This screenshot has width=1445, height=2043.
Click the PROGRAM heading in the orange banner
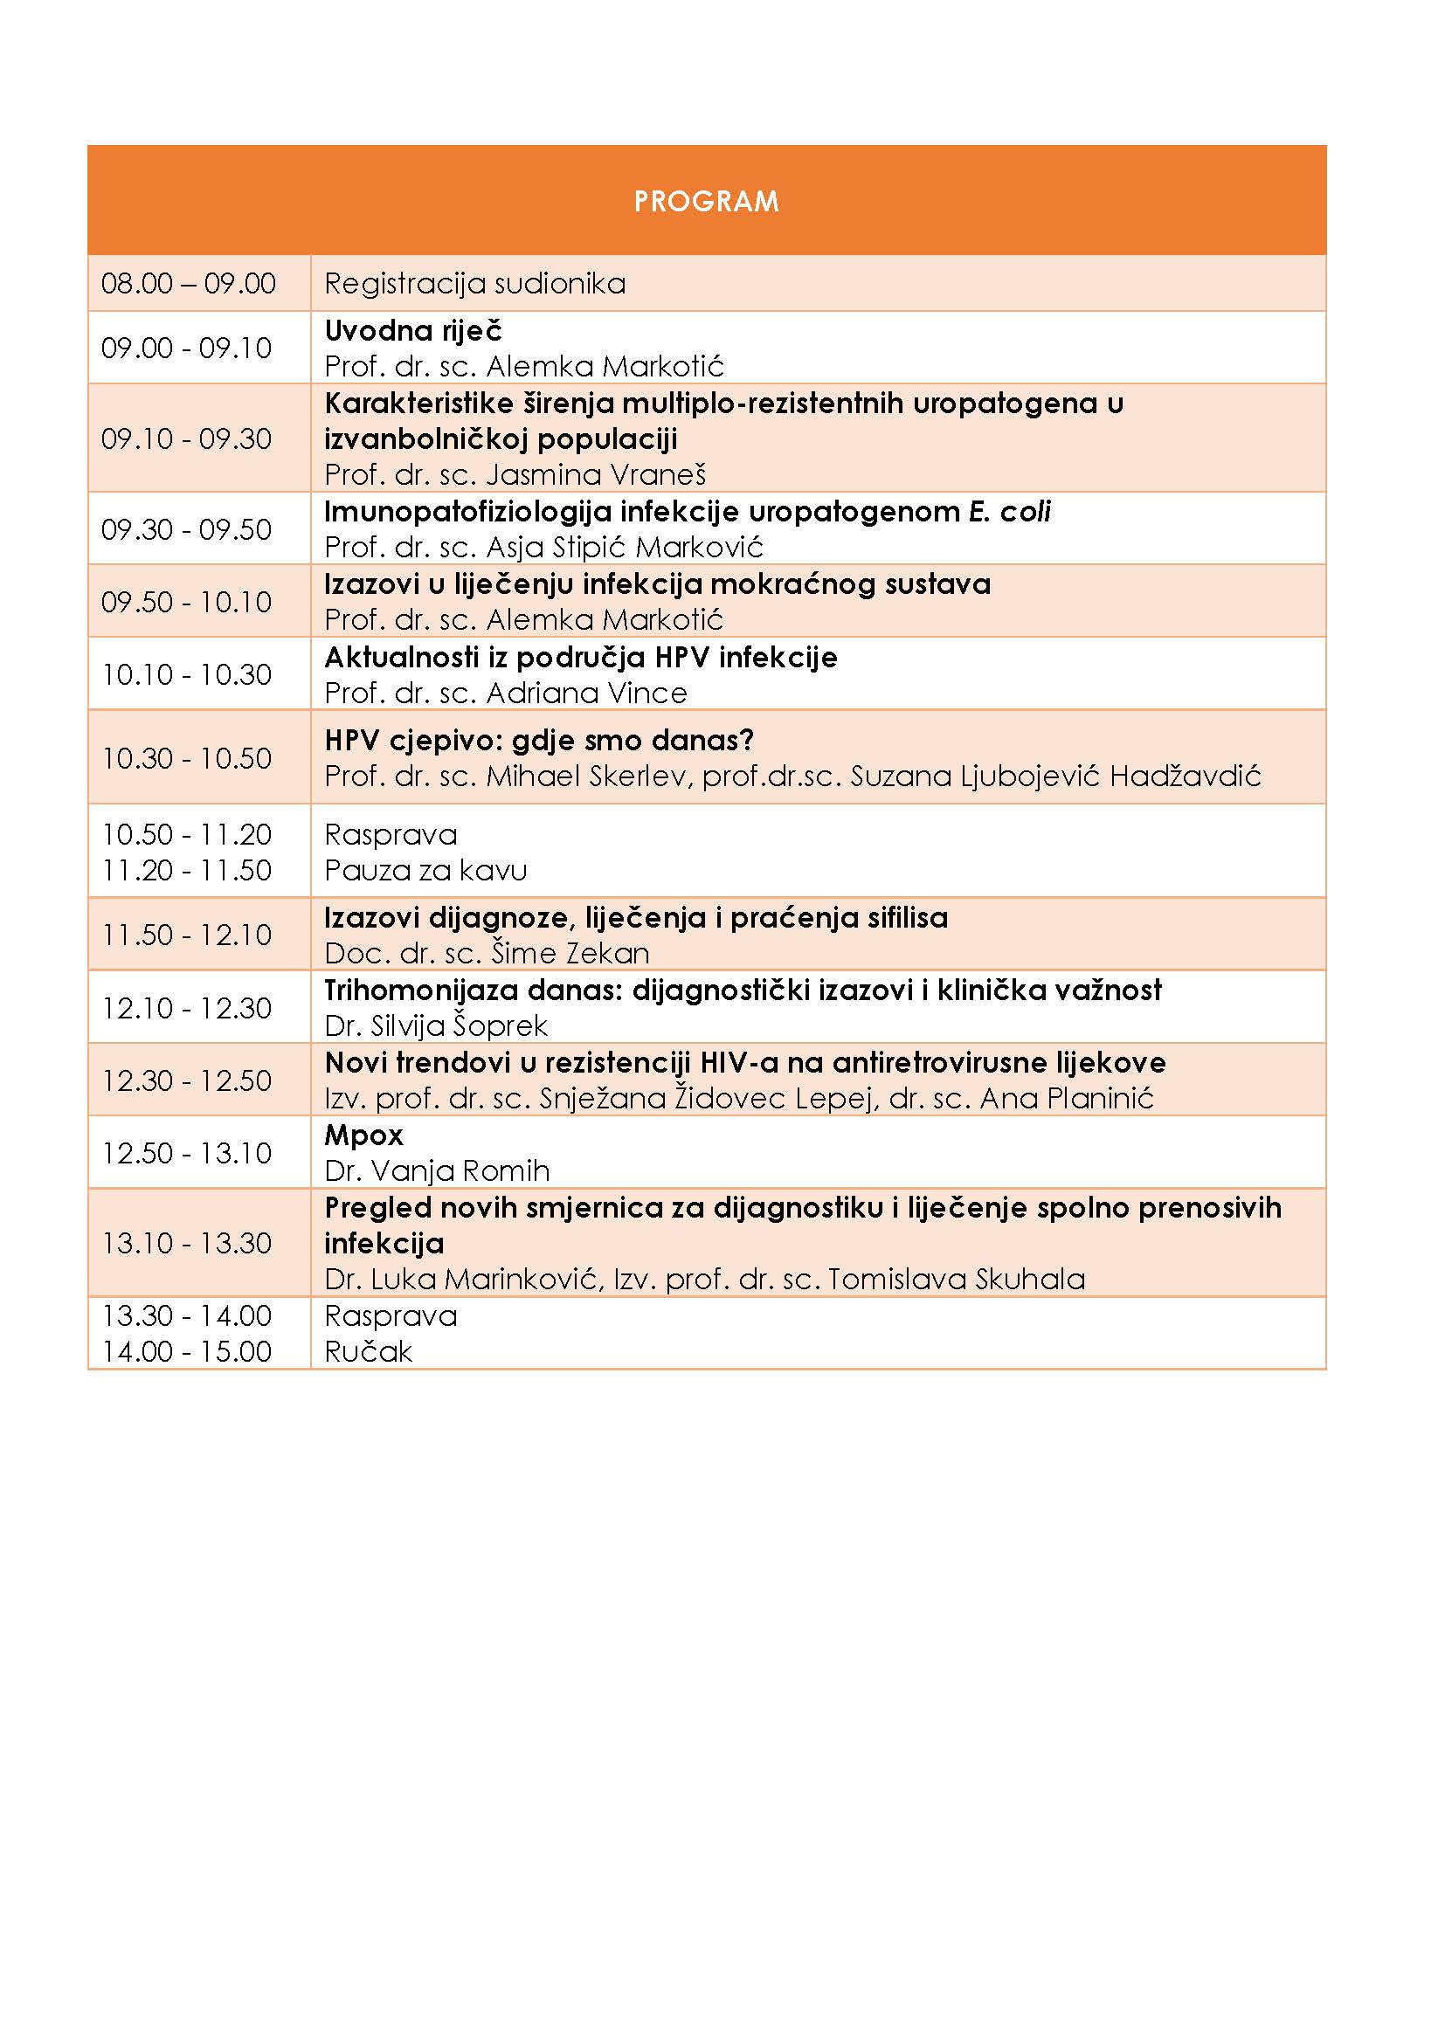click(x=706, y=201)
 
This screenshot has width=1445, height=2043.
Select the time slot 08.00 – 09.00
click(x=188, y=284)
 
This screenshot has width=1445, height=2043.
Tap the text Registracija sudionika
click(x=474, y=284)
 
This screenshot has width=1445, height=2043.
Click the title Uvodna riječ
click(x=413, y=331)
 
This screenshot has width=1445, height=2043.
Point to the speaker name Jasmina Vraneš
click(x=596, y=474)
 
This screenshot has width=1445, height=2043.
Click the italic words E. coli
click(x=1009, y=512)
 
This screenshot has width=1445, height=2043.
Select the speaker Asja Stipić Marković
click(x=625, y=548)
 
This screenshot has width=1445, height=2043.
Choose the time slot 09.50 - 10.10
click(x=186, y=603)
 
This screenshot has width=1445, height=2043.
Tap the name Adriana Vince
click(x=586, y=694)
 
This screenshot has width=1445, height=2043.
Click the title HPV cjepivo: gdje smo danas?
click(x=538, y=741)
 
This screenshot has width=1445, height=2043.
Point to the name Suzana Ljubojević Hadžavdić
click(x=1055, y=776)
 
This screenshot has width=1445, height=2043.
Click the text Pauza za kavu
click(x=425, y=870)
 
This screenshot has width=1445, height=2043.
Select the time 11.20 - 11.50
click(x=186, y=870)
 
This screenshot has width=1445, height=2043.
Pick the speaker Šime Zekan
click(x=570, y=954)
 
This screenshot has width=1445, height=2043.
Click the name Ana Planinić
click(x=1066, y=1099)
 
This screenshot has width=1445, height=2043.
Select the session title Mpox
click(x=363, y=1135)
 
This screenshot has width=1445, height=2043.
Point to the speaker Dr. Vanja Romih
click(x=437, y=1171)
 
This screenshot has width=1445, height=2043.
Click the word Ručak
click(x=368, y=1352)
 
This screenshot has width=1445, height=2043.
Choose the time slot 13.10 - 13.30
click(x=186, y=1243)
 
